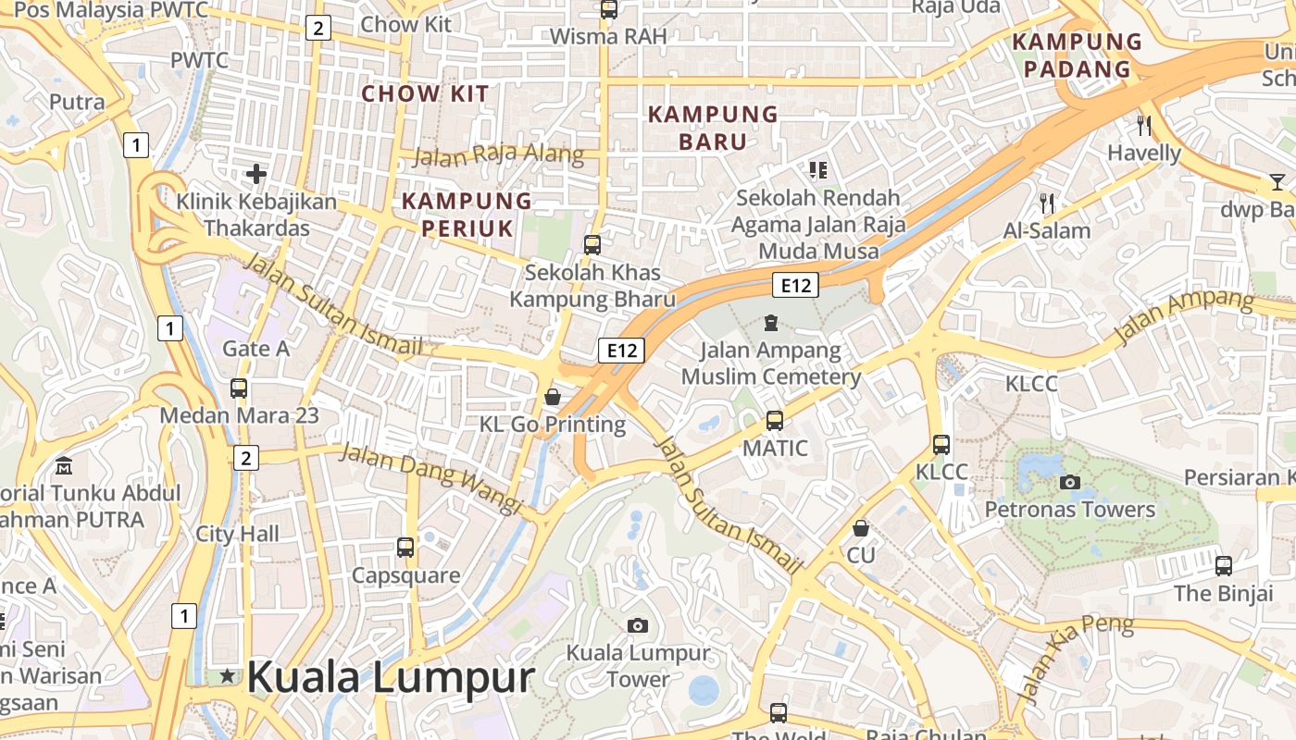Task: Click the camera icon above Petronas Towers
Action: click(x=1070, y=482)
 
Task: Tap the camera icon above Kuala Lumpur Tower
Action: click(x=637, y=626)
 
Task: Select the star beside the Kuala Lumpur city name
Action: click(x=228, y=677)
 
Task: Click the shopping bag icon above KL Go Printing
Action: click(x=553, y=397)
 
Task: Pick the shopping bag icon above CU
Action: click(x=861, y=528)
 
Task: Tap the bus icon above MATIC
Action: click(x=775, y=421)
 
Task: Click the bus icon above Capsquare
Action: click(x=405, y=547)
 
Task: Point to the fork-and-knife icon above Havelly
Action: click(x=1144, y=125)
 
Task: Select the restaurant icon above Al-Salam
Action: click(x=1047, y=203)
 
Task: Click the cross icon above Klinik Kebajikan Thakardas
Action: click(x=256, y=173)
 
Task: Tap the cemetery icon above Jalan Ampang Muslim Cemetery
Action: click(x=770, y=323)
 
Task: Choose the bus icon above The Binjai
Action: click(x=1224, y=565)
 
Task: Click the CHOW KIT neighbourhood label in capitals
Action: click(x=425, y=93)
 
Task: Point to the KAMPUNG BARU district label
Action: click(x=713, y=128)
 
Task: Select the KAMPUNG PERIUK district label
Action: click(x=467, y=215)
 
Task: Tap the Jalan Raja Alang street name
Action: click(x=498, y=155)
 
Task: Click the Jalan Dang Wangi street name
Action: click(x=430, y=477)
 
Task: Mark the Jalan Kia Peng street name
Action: click(x=1077, y=657)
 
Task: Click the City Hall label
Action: click(x=237, y=534)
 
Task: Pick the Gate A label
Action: click(x=255, y=349)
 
